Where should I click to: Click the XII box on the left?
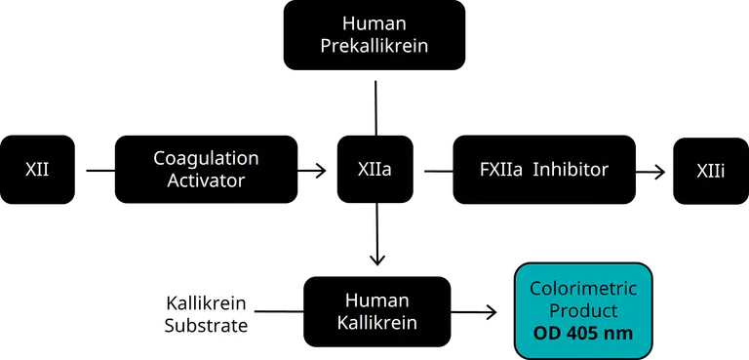tap(37, 170)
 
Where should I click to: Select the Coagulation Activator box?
tap(206, 170)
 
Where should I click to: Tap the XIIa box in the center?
tap(374, 170)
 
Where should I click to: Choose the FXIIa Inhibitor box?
tap(544, 170)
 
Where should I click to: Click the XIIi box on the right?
tap(710, 170)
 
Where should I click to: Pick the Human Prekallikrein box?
tap(374, 34)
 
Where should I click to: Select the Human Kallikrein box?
tap(376, 311)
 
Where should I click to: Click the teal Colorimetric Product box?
tap(582, 311)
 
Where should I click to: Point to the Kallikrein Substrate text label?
tap(206, 312)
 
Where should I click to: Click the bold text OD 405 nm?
tap(582, 334)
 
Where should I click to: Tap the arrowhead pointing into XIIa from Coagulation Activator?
tap(321, 171)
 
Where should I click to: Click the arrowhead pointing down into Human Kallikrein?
tap(376, 260)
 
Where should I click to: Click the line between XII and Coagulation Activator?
tap(99, 171)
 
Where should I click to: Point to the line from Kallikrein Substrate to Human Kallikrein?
tap(278, 312)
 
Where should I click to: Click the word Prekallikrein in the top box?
tap(374, 45)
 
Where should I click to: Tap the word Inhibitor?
tap(571, 170)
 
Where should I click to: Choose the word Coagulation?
tap(206, 158)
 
